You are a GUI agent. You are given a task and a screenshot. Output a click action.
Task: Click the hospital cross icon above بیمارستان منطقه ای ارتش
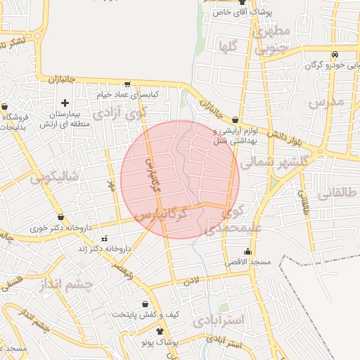tap(65, 103)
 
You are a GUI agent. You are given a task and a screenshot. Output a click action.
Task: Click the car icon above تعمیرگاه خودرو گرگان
tap(335, 55)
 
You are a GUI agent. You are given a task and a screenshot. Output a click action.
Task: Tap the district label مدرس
tap(326, 103)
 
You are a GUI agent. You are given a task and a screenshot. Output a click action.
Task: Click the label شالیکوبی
tap(55, 176)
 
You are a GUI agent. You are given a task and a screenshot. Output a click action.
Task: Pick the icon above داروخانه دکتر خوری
tap(61, 217)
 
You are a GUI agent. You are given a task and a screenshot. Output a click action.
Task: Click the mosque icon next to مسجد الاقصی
tap(247, 252)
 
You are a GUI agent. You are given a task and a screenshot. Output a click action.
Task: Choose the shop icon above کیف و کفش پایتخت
tap(144, 304)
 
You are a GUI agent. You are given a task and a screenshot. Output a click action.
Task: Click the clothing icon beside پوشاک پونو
tap(160, 331)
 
